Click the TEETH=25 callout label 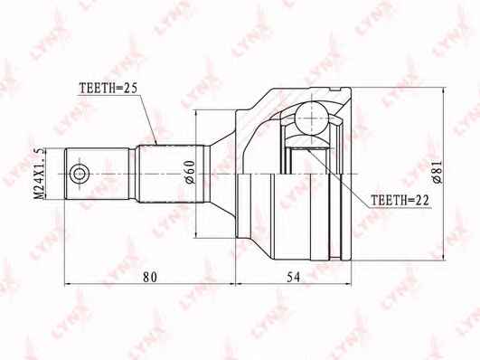[x=108, y=88]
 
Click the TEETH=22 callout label [x=400, y=201]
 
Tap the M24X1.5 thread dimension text [x=39, y=174]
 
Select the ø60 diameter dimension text [x=190, y=172]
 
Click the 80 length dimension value [x=150, y=277]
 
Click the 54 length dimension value [x=294, y=277]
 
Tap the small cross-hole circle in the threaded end [x=80, y=175]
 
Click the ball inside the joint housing [x=311, y=118]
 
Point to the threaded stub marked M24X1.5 [x=97, y=174]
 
